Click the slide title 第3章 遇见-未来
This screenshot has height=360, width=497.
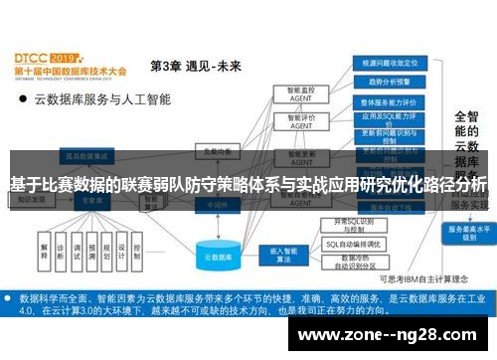tap(195, 67)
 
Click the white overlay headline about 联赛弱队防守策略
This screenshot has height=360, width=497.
tap(248, 186)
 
